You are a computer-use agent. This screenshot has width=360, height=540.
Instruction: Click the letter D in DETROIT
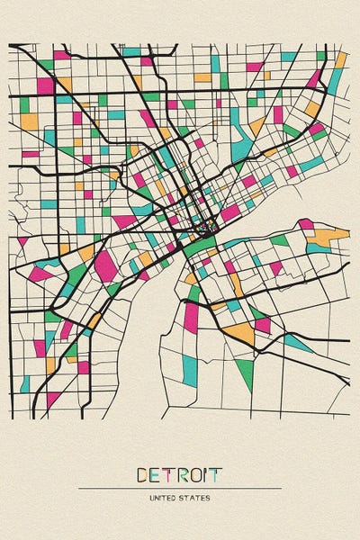143,473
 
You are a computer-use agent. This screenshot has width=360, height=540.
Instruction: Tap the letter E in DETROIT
157,473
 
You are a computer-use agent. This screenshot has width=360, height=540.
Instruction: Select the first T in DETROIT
169,473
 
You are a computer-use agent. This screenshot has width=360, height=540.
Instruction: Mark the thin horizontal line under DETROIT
180,488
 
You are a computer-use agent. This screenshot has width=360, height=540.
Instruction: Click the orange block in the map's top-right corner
341,59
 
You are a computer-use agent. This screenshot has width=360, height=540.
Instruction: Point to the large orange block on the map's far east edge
328,238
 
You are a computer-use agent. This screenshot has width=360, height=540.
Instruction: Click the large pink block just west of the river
106,265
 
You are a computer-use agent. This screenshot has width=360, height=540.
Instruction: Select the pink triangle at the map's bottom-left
53,397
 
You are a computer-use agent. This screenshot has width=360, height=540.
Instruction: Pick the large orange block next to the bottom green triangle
240,334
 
